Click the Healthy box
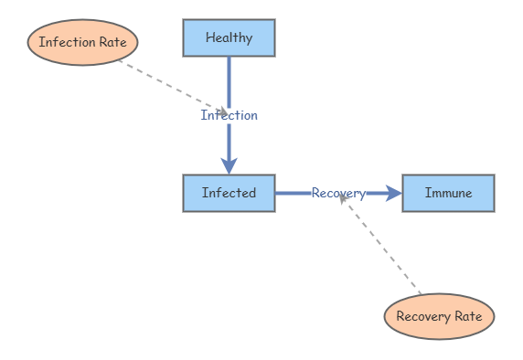pyautogui.click(x=229, y=37)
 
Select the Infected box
pyautogui.click(x=229, y=193)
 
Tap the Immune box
pyautogui.click(x=448, y=193)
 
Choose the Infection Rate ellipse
pyautogui.click(x=82, y=42)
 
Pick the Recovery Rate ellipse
pyautogui.click(x=439, y=316)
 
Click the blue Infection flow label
pyautogui.click(x=229, y=115)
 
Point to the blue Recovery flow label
pyautogui.click(x=338, y=193)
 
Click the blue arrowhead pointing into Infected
pyautogui.click(x=229, y=165)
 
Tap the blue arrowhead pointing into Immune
pyautogui.click(x=394, y=193)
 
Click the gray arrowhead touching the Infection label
pyautogui.click(x=222, y=112)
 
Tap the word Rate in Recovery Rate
pyautogui.click(x=466, y=316)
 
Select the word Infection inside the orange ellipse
pyautogui.click(x=65, y=42)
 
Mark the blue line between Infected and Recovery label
pyautogui.click(x=293, y=193)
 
